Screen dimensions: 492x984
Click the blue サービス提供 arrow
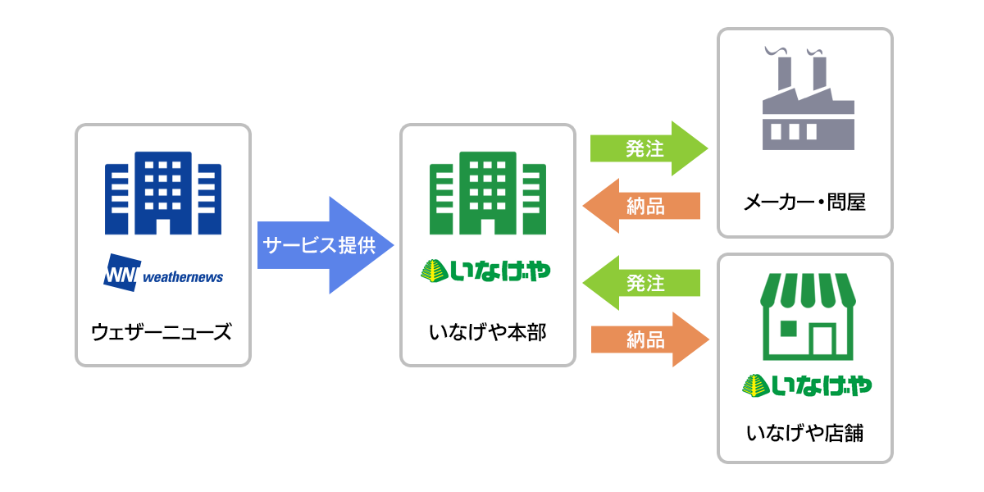pos(324,245)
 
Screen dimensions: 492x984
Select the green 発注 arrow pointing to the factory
pos(648,148)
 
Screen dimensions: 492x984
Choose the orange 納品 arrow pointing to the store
pos(648,339)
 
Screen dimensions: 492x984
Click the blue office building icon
pos(163,194)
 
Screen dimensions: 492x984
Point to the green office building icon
pos(488,194)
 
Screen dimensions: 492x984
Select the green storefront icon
pos(805,317)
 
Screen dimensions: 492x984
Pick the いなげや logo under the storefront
pos(806,384)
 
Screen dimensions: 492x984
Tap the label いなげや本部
pos(487,333)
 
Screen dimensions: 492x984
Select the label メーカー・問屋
pos(805,202)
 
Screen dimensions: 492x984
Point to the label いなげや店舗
pos(805,433)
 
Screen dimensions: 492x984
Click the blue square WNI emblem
pos(122,274)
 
